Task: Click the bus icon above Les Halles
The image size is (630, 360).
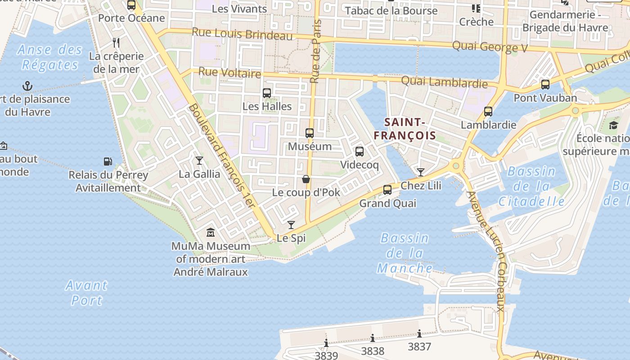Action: click(267, 93)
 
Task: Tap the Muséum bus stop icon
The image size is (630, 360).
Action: click(310, 133)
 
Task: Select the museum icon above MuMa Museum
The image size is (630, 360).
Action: click(210, 233)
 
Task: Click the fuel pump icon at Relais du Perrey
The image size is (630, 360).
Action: click(108, 161)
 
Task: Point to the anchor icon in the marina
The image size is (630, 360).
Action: click(28, 85)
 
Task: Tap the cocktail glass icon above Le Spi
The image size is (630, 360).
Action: click(291, 225)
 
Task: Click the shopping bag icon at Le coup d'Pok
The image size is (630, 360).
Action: click(306, 179)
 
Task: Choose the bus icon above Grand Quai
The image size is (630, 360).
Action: click(387, 190)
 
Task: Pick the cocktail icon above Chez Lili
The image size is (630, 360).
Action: click(420, 172)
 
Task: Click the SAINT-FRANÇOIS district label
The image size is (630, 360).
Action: click(405, 128)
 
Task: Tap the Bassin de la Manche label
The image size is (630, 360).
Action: click(405, 253)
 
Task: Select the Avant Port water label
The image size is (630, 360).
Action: click(86, 292)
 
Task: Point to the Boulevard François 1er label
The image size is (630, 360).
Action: click(222, 156)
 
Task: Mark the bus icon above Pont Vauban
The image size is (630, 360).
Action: click(545, 84)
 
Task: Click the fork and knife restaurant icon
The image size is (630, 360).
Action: click(116, 43)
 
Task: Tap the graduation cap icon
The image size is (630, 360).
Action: click(614, 125)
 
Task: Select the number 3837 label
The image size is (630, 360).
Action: click(419, 346)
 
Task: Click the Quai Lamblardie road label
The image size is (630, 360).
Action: click(444, 82)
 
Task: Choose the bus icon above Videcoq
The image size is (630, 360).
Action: click(360, 152)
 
